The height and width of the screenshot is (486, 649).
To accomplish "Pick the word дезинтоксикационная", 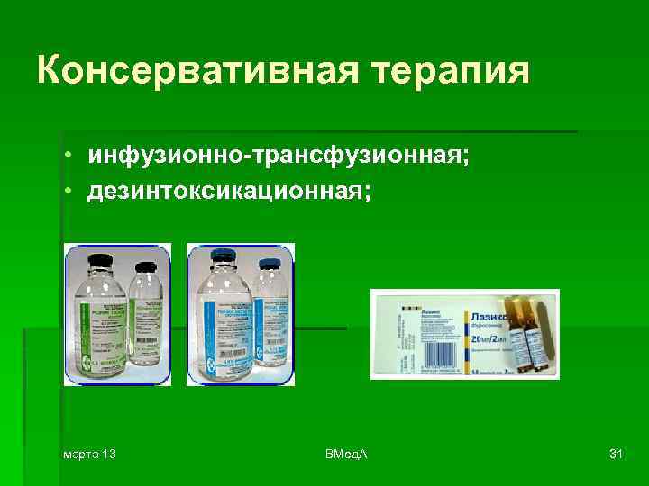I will [x=228, y=193].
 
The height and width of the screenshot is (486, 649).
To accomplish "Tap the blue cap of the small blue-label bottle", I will [x=268, y=266].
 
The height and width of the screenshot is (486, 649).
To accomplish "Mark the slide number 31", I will [x=616, y=453].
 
